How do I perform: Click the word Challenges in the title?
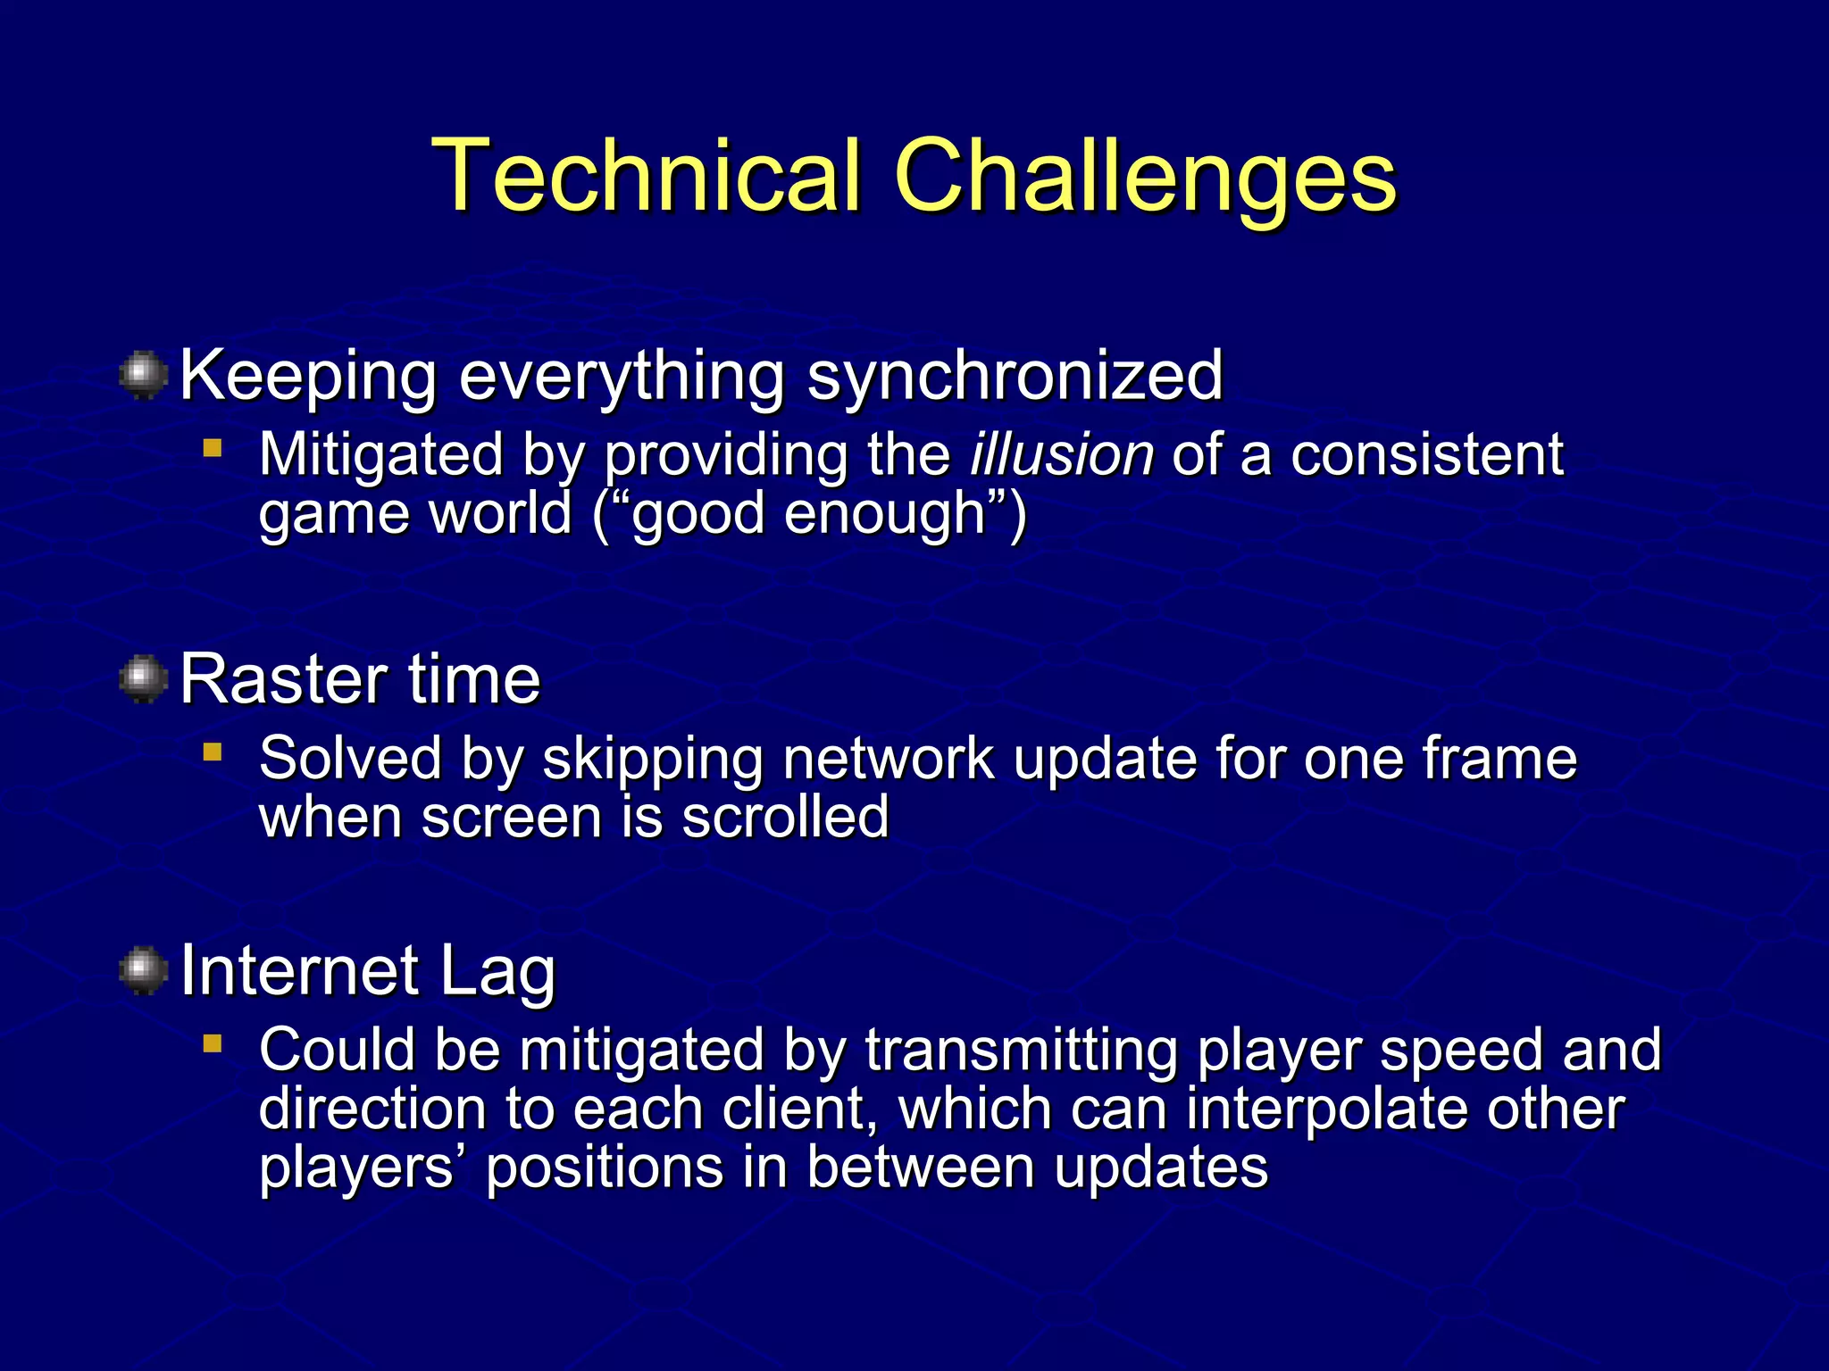[x=1145, y=179]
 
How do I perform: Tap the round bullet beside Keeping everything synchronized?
[x=144, y=375]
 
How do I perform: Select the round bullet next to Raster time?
[x=144, y=679]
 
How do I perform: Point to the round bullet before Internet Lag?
[x=144, y=970]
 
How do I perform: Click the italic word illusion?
[x=1062, y=454]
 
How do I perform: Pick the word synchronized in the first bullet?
[x=1015, y=377]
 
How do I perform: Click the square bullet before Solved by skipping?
[x=212, y=752]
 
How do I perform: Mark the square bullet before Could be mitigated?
[x=212, y=1043]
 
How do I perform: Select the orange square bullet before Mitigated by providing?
[x=212, y=448]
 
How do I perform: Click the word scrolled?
[x=785, y=817]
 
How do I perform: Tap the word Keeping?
[x=308, y=377]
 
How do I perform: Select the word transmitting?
[x=1021, y=1050]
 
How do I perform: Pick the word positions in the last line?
[x=604, y=1167]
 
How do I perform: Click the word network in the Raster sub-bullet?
[x=888, y=759]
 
